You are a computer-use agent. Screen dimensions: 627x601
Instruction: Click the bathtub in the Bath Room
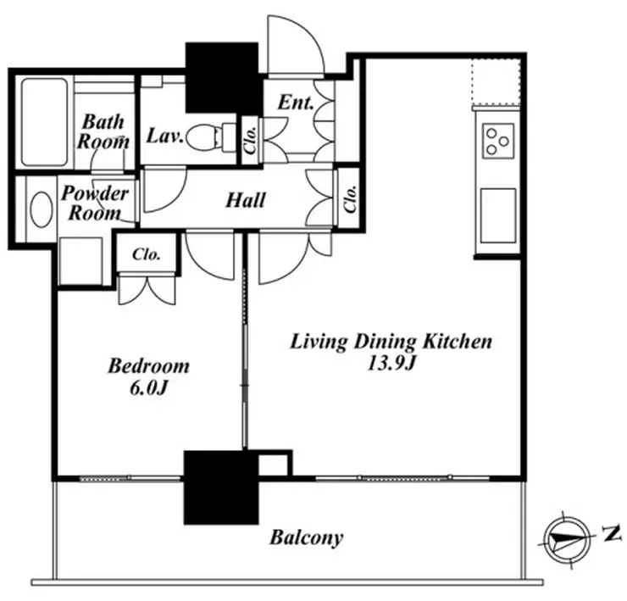pyautogui.click(x=44, y=122)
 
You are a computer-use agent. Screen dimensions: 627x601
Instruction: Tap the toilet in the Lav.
pyautogui.click(x=212, y=136)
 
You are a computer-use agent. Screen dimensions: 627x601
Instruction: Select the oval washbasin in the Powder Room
pyautogui.click(x=42, y=209)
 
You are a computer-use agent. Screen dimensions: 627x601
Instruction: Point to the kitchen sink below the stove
pyautogui.click(x=498, y=215)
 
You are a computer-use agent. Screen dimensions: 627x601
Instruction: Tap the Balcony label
pyautogui.click(x=307, y=537)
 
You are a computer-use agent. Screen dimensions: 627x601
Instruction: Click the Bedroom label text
pyautogui.click(x=149, y=366)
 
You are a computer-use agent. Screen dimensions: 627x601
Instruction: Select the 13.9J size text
pyautogui.click(x=391, y=364)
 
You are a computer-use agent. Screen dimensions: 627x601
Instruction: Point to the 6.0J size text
pyautogui.click(x=148, y=387)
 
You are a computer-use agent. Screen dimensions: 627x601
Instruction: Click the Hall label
pyautogui.click(x=246, y=200)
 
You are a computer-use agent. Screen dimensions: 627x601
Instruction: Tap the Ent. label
pyautogui.click(x=296, y=103)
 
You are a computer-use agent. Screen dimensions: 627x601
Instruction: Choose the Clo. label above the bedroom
pyautogui.click(x=147, y=254)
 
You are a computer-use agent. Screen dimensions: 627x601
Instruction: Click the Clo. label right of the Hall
pyautogui.click(x=350, y=198)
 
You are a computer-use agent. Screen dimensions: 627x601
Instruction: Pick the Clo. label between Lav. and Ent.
pyautogui.click(x=250, y=140)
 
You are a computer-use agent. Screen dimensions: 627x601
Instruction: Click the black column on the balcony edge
pyautogui.click(x=221, y=487)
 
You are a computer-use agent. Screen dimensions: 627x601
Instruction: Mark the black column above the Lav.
pyautogui.click(x=221, y=77)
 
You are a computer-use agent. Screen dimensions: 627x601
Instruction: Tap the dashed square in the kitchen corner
pyautogui.click(x=496, y=82)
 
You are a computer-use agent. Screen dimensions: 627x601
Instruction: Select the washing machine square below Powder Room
pyautogui.click(x=80, y=261)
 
